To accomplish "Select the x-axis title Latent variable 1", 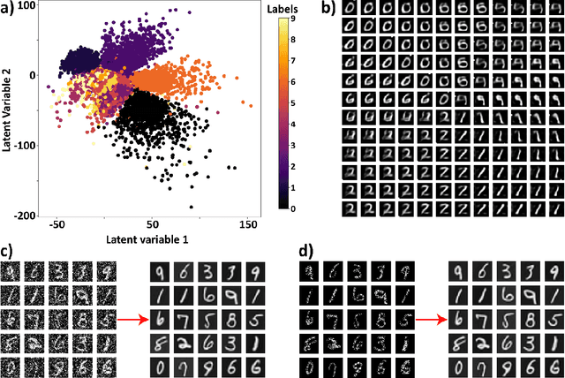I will click(x=148, y=239).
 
